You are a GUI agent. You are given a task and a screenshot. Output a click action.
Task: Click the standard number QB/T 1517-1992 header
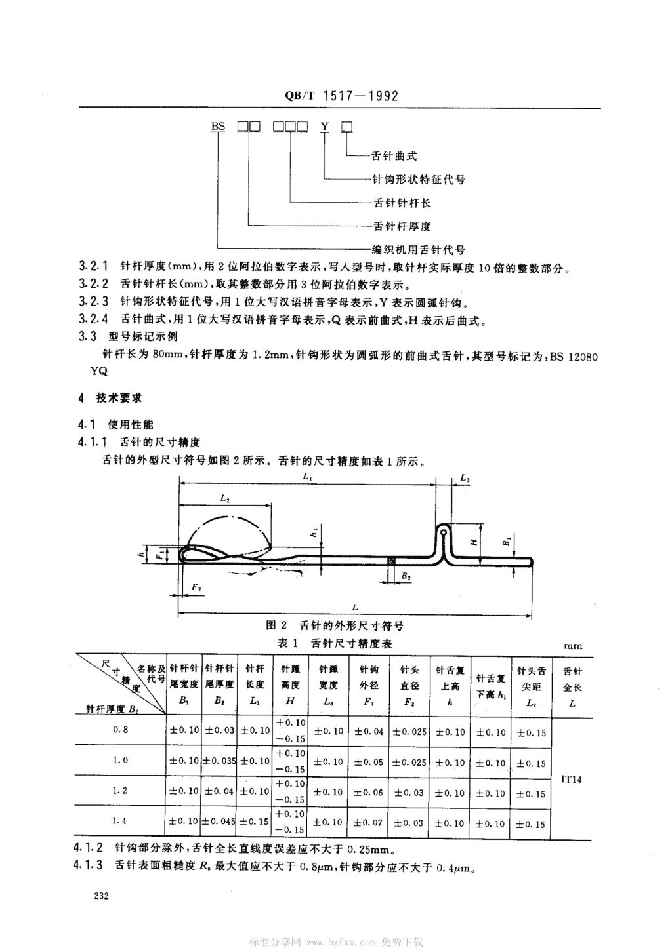coord(341,96)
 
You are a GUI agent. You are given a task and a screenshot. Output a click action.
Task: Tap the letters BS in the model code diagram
coord(218,127)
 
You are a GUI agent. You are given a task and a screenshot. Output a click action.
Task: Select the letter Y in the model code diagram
coord(325,127)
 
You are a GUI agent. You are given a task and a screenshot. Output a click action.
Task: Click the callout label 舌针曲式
coord(394,157)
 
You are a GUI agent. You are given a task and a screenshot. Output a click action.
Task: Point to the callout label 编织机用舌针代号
coord(419,250)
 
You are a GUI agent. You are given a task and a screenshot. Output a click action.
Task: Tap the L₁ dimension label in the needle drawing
coord(308,477)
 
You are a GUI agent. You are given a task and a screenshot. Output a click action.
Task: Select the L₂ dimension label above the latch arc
coord(225,498)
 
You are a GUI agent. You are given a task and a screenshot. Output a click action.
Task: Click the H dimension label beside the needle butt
coord(474,542)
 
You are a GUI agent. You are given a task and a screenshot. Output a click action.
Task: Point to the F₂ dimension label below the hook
coord(196,587)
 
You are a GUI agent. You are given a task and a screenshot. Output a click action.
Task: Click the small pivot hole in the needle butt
coord(443,532)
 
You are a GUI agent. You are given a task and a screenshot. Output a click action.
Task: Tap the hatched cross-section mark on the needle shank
coord(390,561)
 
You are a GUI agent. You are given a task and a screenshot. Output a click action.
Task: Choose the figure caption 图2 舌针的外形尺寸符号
coord(334,625)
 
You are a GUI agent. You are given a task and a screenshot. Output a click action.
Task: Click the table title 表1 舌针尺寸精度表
coord(334,643)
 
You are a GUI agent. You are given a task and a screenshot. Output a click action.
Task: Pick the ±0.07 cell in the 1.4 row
coord(369,823)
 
